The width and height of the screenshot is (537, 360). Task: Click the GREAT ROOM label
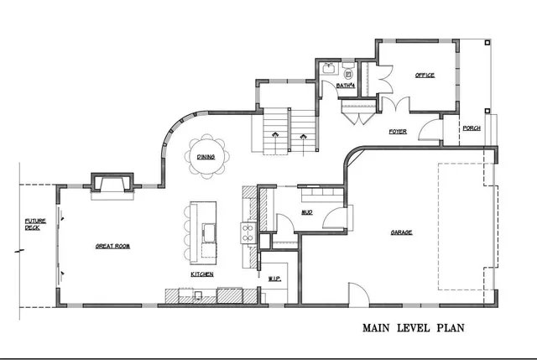click(x=112, y=246)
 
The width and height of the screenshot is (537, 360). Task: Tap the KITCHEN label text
click(x=201, y=274)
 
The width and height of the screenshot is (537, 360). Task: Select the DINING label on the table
click(x=206, y=157)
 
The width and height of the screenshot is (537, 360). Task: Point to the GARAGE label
click(x=400, y=232)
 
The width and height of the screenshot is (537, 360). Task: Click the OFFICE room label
click(x=425, y=76)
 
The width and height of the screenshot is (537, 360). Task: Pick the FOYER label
click(x=398, y=132)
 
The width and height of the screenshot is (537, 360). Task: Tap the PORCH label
click(x=472, y=128)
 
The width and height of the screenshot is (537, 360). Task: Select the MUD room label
click(x=307, y=212)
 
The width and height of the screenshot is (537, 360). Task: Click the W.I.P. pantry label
click(x=274, y=277)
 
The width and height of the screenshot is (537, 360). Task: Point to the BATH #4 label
click(x=346, y=86)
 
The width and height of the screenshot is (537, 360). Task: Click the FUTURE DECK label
click(x=33, y=224)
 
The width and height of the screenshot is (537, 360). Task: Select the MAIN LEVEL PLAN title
click(x=414, y=328)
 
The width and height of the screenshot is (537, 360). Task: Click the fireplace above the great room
click(x=111, y=183)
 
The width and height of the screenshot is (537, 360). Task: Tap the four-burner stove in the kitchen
click(x=248, y=231)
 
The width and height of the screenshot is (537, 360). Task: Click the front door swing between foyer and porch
click(x=430, y=130)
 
